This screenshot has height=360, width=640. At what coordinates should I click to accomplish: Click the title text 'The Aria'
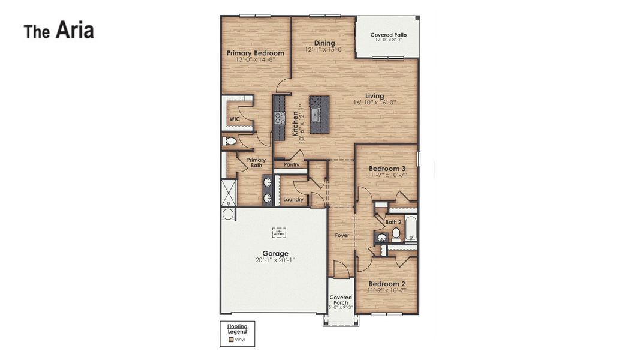coord(59,31)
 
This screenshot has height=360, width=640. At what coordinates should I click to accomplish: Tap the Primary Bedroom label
coord(255,53)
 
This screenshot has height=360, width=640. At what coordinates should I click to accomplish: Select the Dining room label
coord(324,43)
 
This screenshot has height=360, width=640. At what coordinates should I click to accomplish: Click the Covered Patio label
coord(388,35)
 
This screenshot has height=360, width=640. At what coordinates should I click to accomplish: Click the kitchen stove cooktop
coord(280,118)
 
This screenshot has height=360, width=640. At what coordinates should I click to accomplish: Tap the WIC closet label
coord(235,119)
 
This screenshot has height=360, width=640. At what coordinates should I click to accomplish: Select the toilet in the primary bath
coord(230,142)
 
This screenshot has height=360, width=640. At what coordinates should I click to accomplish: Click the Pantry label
coord(292,164)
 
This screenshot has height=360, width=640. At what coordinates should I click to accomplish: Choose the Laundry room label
coord(293,199)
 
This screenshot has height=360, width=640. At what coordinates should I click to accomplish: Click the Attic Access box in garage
coord(279,232)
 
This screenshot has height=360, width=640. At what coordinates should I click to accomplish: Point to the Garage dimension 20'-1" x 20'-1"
coord(275,260)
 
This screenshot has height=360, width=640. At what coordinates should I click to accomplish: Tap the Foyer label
coord(342,235)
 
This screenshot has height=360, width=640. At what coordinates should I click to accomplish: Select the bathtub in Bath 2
coord(411,228)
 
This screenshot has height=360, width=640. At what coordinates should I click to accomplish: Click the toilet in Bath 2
coord(396,233)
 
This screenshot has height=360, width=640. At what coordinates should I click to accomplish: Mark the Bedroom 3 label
coord(387,169)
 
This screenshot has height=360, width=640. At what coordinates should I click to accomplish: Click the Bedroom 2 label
coord(387,284)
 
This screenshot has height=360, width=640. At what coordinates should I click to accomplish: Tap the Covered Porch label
coord(341,300)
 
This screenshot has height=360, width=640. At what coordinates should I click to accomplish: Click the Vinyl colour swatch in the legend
coord(231,340)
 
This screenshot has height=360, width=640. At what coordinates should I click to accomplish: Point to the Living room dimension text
coord(375,103)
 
